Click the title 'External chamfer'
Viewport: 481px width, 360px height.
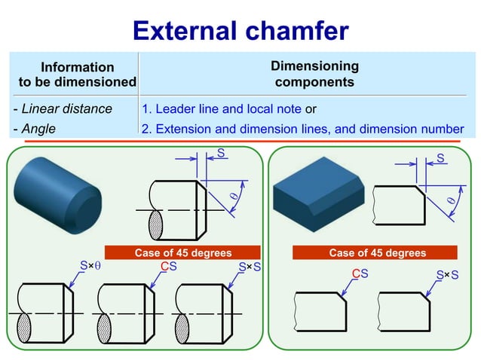click(x=240, y=30)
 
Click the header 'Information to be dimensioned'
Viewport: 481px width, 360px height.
click(x=77, y=75)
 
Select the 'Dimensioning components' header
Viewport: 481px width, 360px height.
click(x=314, y=74)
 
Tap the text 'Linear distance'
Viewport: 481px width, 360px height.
click(x=63, y=108)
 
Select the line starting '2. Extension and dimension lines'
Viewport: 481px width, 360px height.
click(x=302, y=129)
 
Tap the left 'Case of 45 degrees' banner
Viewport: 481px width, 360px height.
click(x=182, y=253)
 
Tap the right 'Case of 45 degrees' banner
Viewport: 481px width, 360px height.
click(x=377, y=253)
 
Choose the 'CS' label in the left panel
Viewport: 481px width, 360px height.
click(x=169, y=266)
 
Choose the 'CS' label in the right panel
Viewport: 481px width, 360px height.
click(x=360, y=273)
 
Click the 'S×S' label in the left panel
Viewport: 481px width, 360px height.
click(x=249, y=266)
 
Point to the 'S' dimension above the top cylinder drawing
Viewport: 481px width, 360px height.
click(x=220, y=154)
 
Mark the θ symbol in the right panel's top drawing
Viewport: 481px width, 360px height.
click(x=452, y=201)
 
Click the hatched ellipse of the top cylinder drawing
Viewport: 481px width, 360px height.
click(x=156, y=224)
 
